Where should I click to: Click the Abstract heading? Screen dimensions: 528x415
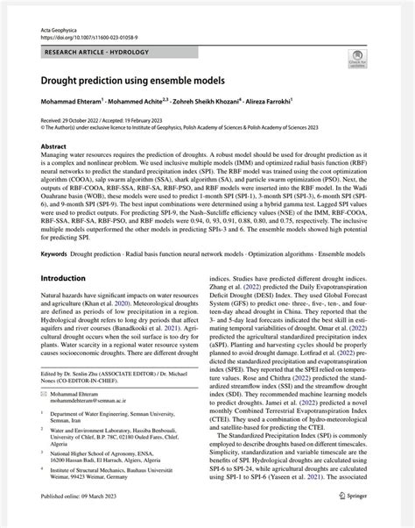point(53,146)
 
